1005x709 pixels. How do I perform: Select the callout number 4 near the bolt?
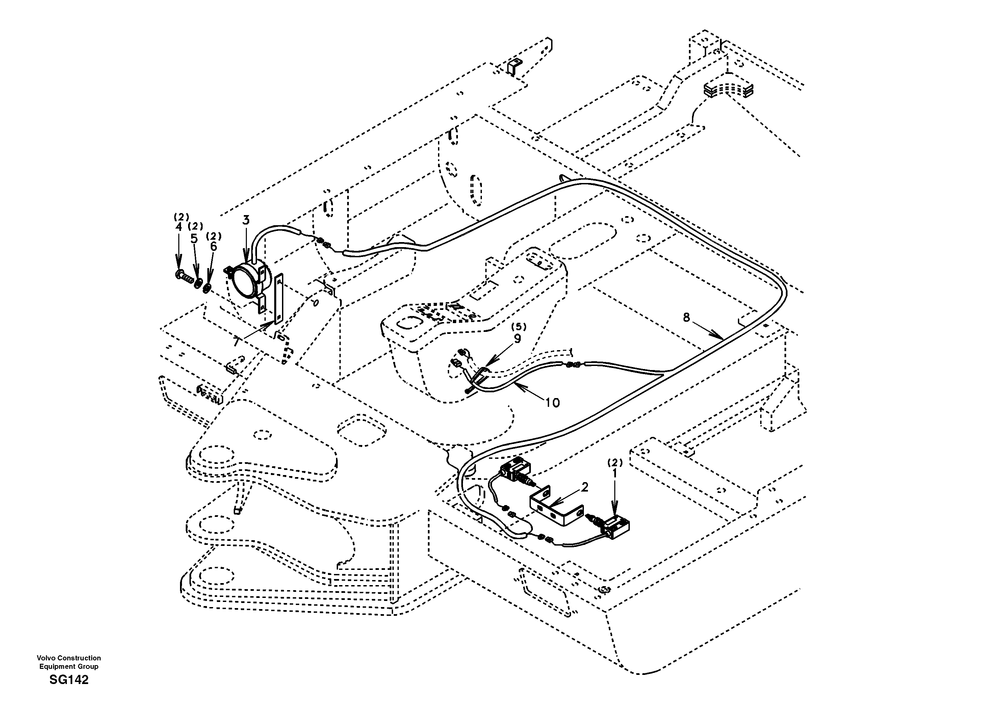pyautogui.click(x=178, y=227)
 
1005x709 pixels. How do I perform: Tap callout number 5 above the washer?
pyautogui.click(x=194, y=238)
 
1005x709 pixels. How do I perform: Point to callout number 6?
pyautogui.click(x=213, y=246)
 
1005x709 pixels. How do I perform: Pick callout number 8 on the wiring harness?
pyautogui.click(x=686, y=317)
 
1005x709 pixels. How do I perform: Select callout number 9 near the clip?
pyautogui.click(x=517, y=338)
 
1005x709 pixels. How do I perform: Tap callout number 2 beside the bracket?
pyautogui.click(x=585, y=487)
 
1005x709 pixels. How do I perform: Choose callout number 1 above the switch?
pyautogui.click(x=615, y=473)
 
